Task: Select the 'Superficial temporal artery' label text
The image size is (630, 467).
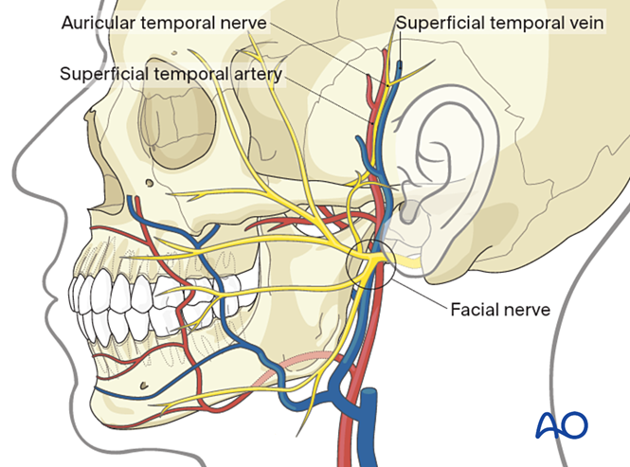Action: coord(171,73)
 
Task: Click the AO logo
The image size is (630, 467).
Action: coord(561,425)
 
